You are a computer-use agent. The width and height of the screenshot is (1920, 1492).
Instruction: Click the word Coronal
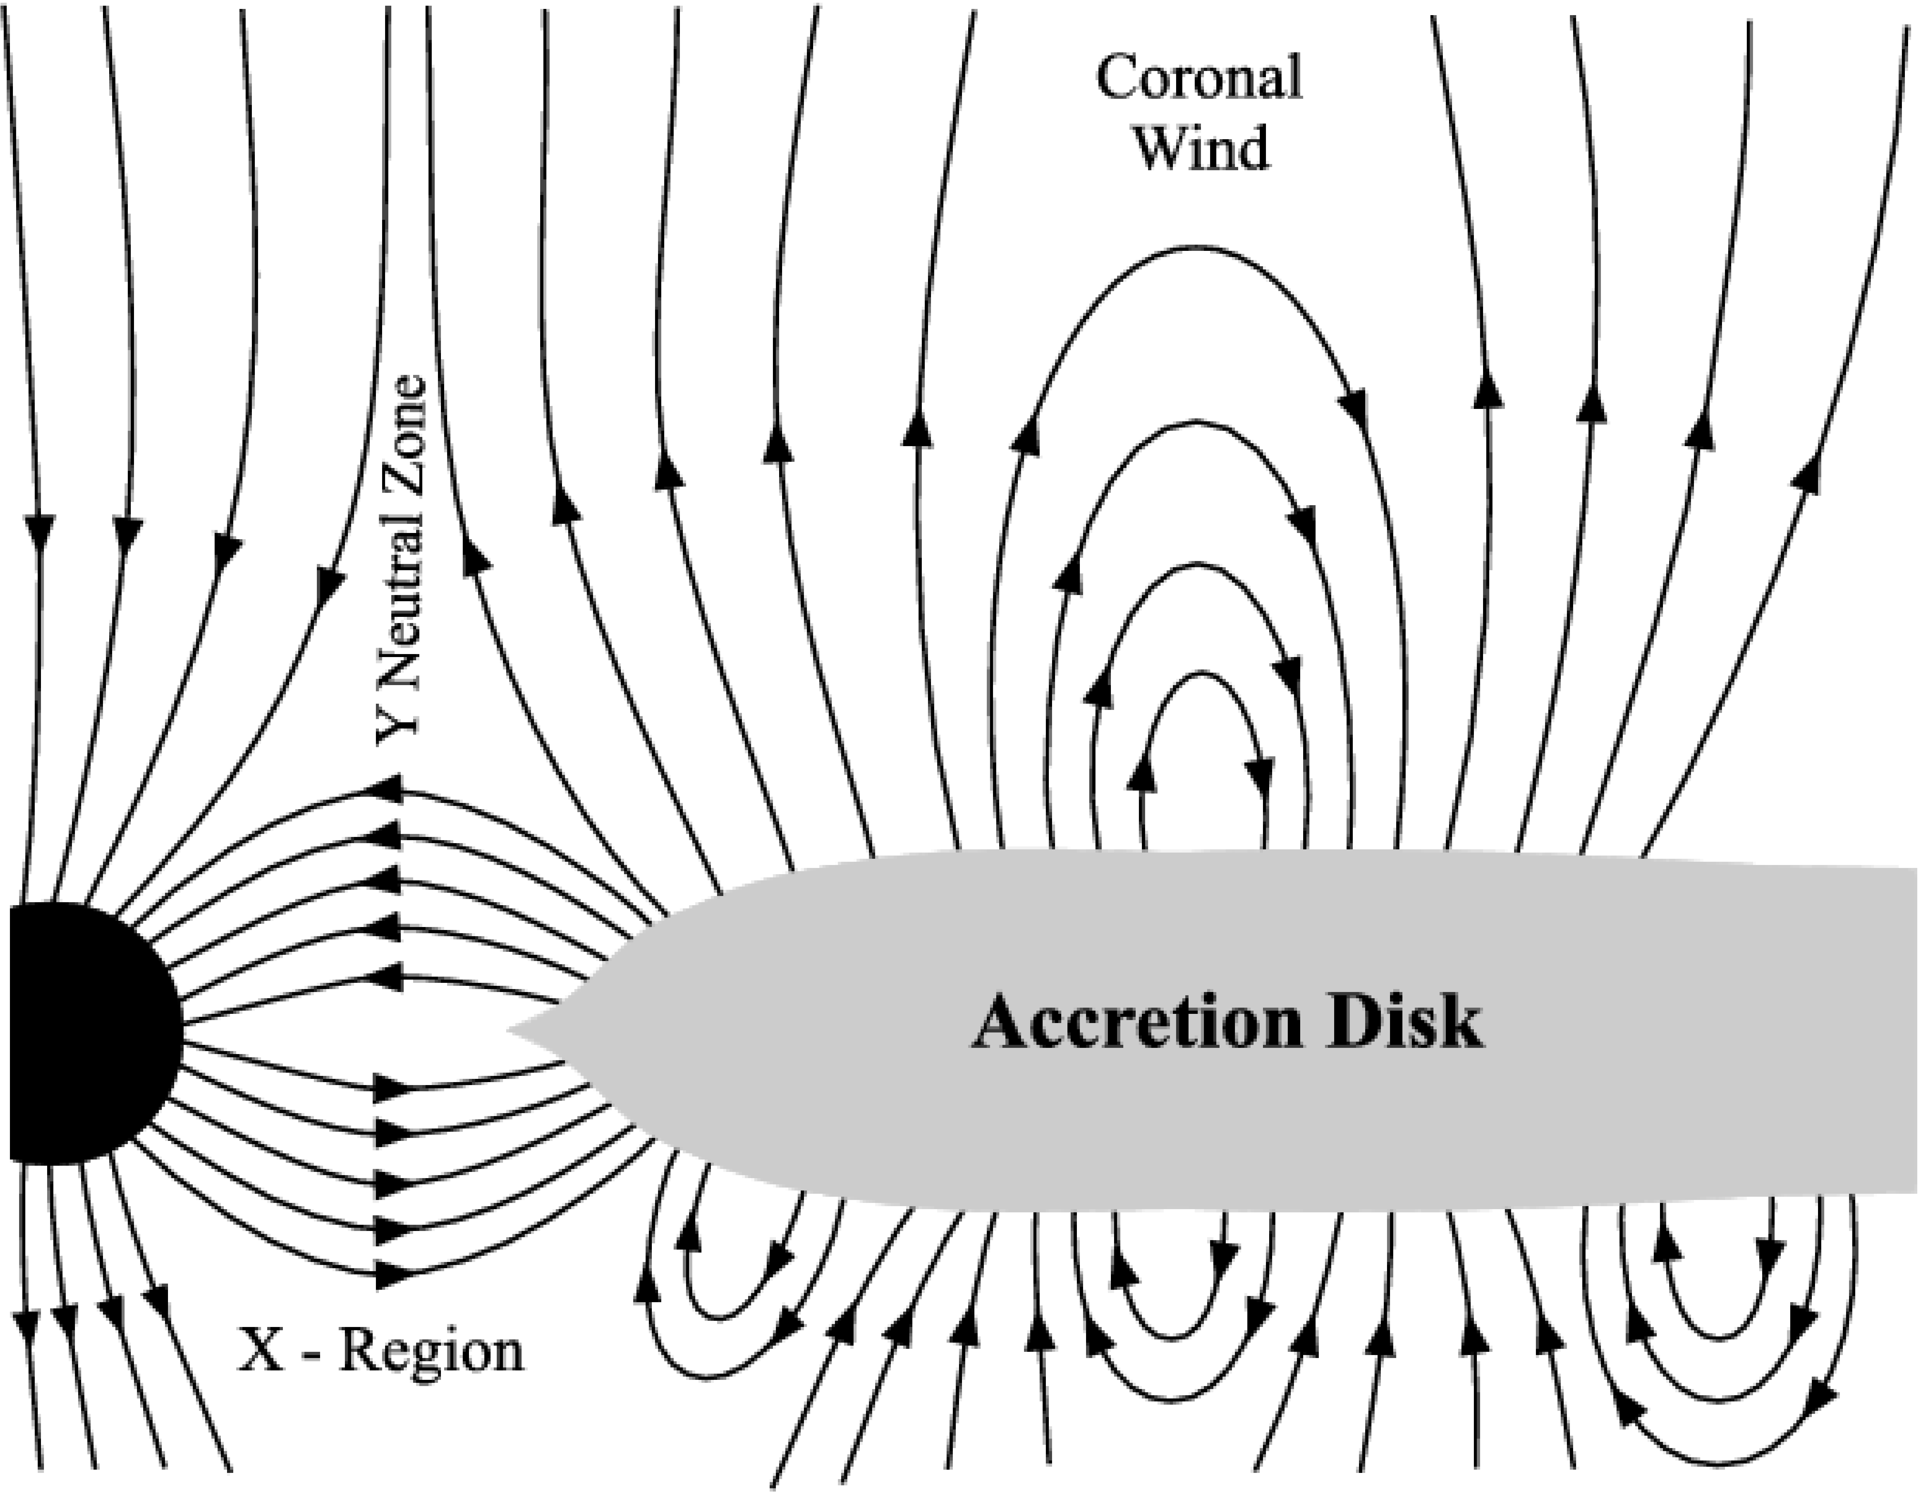[x=1199, y=77]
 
